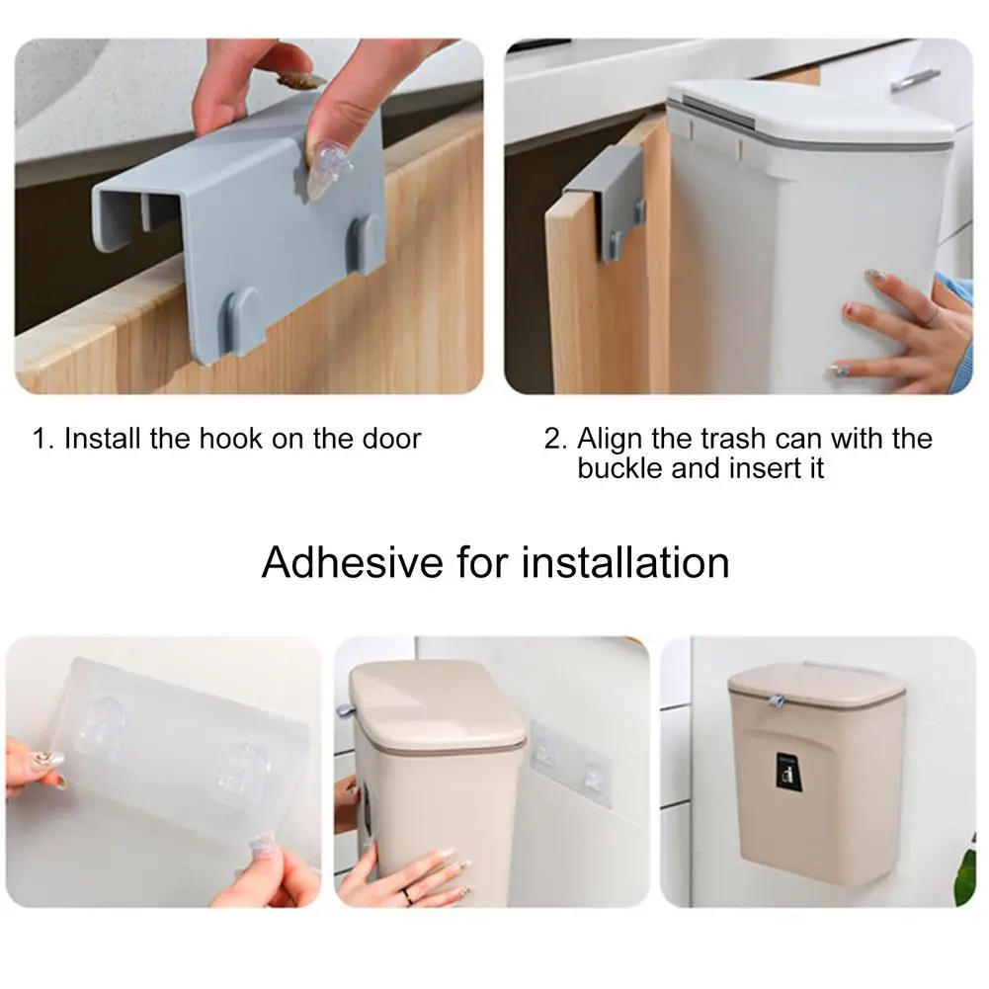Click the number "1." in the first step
pos(43,439)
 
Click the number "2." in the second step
pos(555,439)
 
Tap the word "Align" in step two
pos(610,439)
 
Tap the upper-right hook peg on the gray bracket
pos(369,240)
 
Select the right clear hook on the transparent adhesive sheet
pos(240,769)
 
